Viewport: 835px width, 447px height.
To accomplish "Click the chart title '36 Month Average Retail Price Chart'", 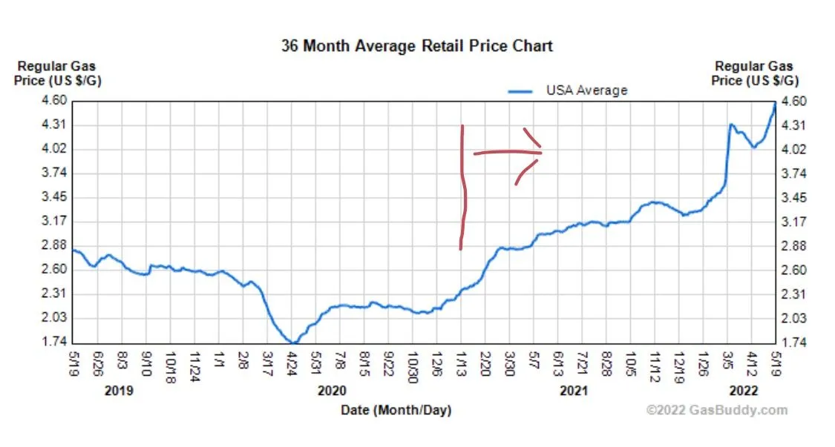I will [x=416, y=45].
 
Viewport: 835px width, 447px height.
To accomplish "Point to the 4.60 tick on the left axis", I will [x=56, y=101].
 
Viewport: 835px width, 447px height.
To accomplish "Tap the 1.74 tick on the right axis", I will [x=793, y=342].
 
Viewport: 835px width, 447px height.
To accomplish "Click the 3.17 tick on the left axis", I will [x=56, y=221].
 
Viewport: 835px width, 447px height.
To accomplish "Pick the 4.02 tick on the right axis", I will [x=793, y=149].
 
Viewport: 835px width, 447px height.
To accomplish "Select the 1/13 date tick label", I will [x=462, y=361].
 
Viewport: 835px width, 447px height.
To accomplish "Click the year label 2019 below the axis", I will [x=119, y=391].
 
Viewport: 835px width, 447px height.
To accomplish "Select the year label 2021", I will [x=574, y=391].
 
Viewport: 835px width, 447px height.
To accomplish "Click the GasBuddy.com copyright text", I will [x=716, y=410].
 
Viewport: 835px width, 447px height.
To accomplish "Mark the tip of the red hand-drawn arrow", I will [x=542, y=152].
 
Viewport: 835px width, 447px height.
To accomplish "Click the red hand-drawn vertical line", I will [x=463, y=189].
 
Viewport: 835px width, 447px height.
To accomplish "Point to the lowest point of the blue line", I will [x=295, y=342].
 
